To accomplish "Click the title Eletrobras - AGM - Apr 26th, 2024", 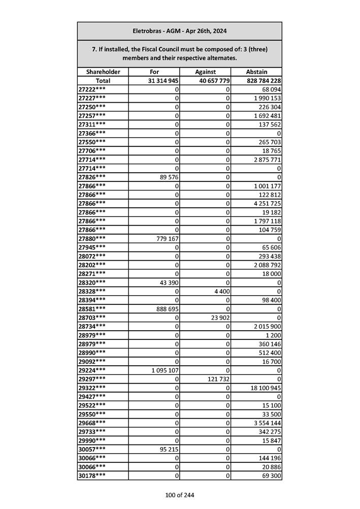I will [179, 31].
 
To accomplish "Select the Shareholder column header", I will [103, 72].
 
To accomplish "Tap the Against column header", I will [205, 72].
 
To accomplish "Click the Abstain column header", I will [256, 72].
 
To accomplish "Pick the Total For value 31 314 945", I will [162, 81].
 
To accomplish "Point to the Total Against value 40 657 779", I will [212, 81].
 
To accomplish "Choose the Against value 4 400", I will [221, 292].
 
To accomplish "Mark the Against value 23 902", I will [219, 317].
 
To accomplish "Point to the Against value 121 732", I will [217, 379].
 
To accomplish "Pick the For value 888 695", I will [163, 308].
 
